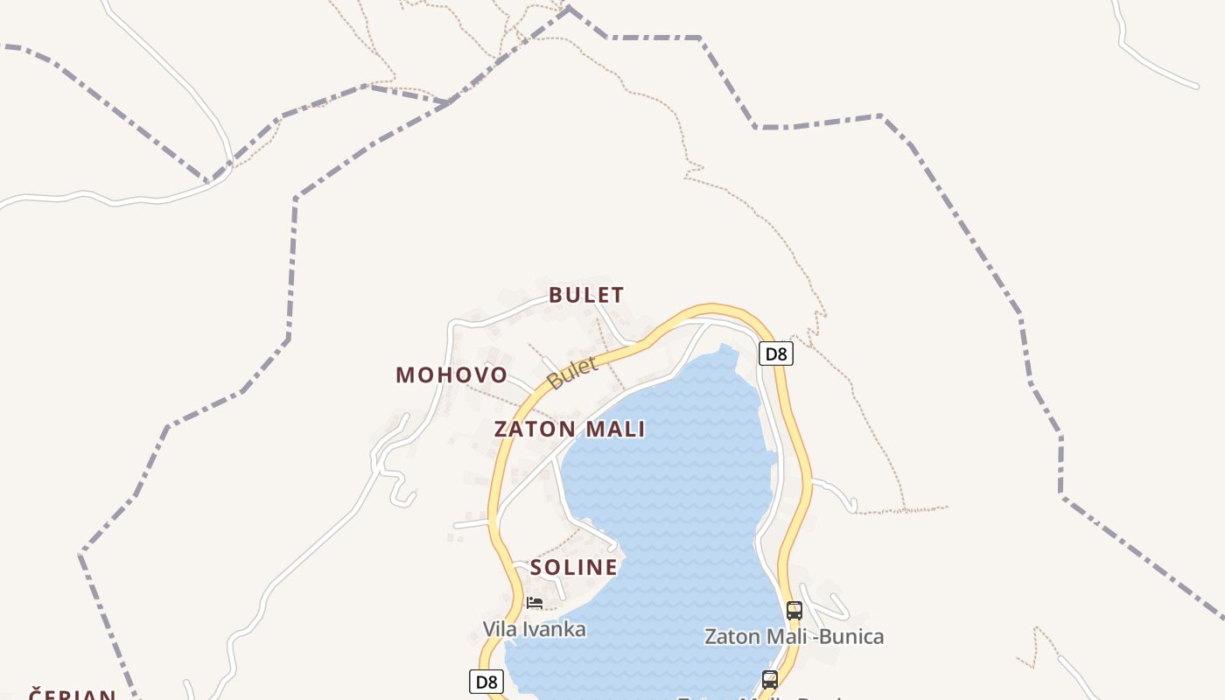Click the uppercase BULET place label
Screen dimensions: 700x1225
tap(586, 295)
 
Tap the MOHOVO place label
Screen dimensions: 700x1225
tap(451, 375)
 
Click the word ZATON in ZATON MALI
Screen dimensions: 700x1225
tap(535, 430)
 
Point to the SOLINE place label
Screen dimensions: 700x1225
tap(574, 568)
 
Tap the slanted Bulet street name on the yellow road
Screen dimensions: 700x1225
tap(572, 374)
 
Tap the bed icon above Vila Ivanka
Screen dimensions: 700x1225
tap(534, 602)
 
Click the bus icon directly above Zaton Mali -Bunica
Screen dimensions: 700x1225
tap(794, 611)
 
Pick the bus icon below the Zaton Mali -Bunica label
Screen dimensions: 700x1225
tap(770, 679)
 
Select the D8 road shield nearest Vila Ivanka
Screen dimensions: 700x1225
tap(486, 682)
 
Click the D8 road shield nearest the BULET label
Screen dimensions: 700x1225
tap(775, 354)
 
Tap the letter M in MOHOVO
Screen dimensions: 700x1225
tap(405, 375)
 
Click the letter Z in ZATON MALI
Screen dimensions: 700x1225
tap(501, 430)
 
